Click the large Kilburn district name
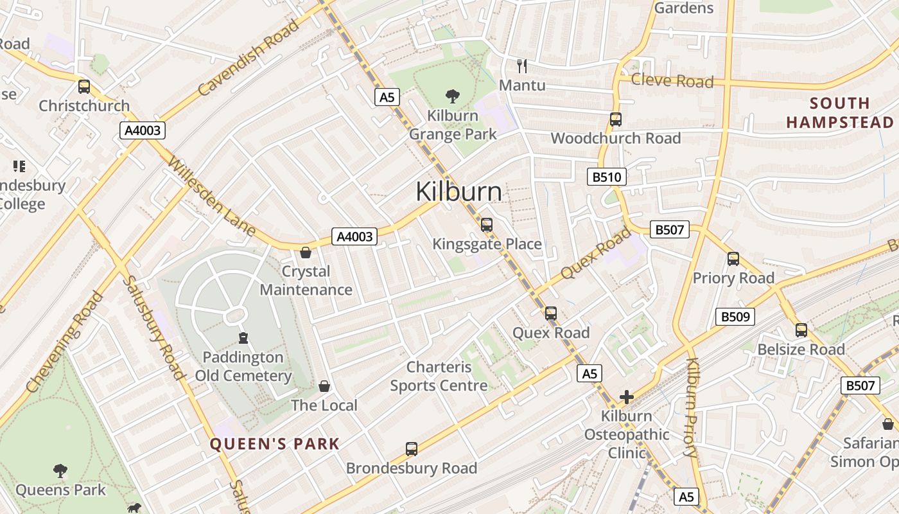click(458, 191)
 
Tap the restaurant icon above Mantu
click(522, 65)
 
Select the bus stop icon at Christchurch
click(84, 87)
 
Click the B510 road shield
click(606, 177)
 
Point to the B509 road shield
click(735, 316)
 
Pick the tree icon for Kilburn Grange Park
click(453, 96)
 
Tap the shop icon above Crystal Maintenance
click(306, 252)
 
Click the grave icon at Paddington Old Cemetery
click(243, 337)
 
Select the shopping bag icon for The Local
click(324, 385)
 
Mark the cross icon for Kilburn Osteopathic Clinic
click(627, 397)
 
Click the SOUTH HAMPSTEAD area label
click(840, 112)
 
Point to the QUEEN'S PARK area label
click(274, 443)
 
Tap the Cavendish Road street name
click(249, 58)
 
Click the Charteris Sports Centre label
click(439, 377)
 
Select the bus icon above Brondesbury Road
click(412, 448)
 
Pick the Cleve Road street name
click(672, 80)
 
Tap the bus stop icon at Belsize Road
click(801, 330)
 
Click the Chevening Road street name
click(64, 342)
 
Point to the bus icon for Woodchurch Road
click(615, 120)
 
